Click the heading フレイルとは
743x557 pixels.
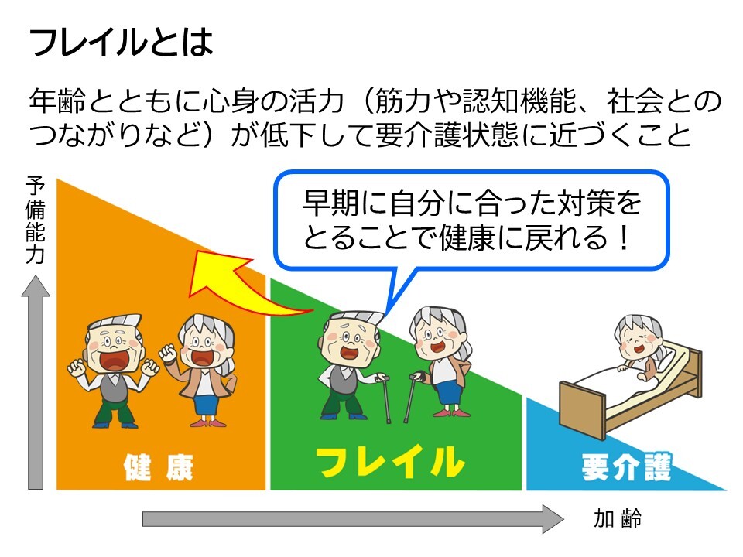point(122,42)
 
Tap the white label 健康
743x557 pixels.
point(158,467)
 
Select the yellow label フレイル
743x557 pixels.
point(390,461)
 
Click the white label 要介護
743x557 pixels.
point(626,467)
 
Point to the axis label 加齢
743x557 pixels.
point(618,518)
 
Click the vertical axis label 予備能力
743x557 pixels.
point(35,220)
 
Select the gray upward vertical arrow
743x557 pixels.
point(36,382)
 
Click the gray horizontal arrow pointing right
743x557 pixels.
point(353,519)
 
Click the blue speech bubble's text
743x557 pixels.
point(471,220)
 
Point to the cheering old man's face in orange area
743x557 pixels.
point(114,348)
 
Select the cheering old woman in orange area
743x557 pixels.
point(201,371)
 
